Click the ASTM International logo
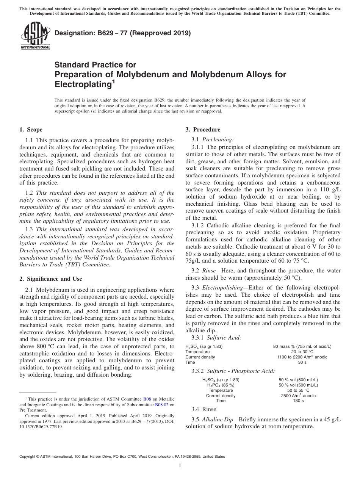(x=35, y=36)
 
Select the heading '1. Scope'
(x=31, y=130)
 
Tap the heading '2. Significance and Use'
(x=51, y=279)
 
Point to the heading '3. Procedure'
(x=203, y=130)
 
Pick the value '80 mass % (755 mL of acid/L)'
(x=302, y=346)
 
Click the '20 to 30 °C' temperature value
(x=302, y=352)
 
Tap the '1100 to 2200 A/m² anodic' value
(x=302, y=357)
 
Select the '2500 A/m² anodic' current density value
(x=298, y=396)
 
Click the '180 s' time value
(x=298, y=401)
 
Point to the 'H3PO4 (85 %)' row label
(x=221, y=385)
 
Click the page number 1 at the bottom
(x=180, y=466)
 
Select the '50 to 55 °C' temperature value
(x=298, y=390)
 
